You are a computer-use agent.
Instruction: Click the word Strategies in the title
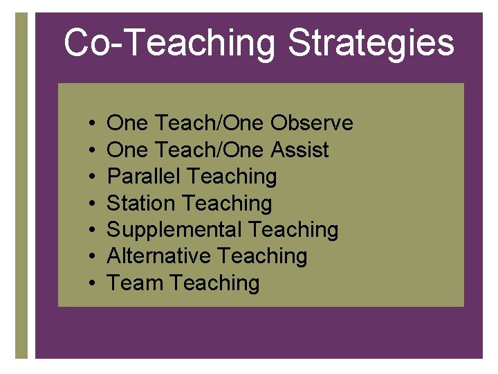tap(371, 44)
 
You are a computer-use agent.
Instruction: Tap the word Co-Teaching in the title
tap(169, 44)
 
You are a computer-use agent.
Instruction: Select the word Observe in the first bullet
tap(311, 123)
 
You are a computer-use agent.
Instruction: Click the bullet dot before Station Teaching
tap(93, 204)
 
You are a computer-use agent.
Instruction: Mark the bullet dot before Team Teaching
tap(93, 284)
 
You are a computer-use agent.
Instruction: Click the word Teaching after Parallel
tap(232, 177)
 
